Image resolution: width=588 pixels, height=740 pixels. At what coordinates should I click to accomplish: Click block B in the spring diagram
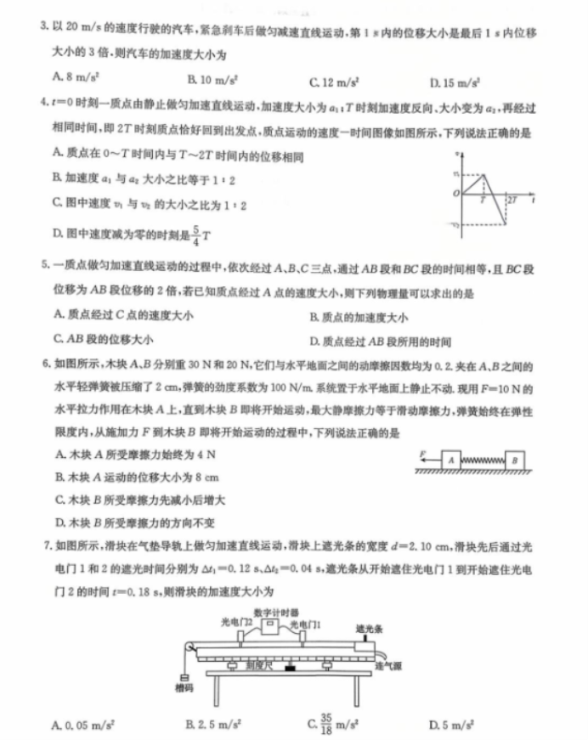(516, 459)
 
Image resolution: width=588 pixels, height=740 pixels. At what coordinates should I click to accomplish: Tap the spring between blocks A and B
(483, 460)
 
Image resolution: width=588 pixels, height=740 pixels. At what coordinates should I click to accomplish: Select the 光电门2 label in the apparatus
(235, 622)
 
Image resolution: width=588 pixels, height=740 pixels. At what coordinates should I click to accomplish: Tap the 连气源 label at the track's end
(387, 667)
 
